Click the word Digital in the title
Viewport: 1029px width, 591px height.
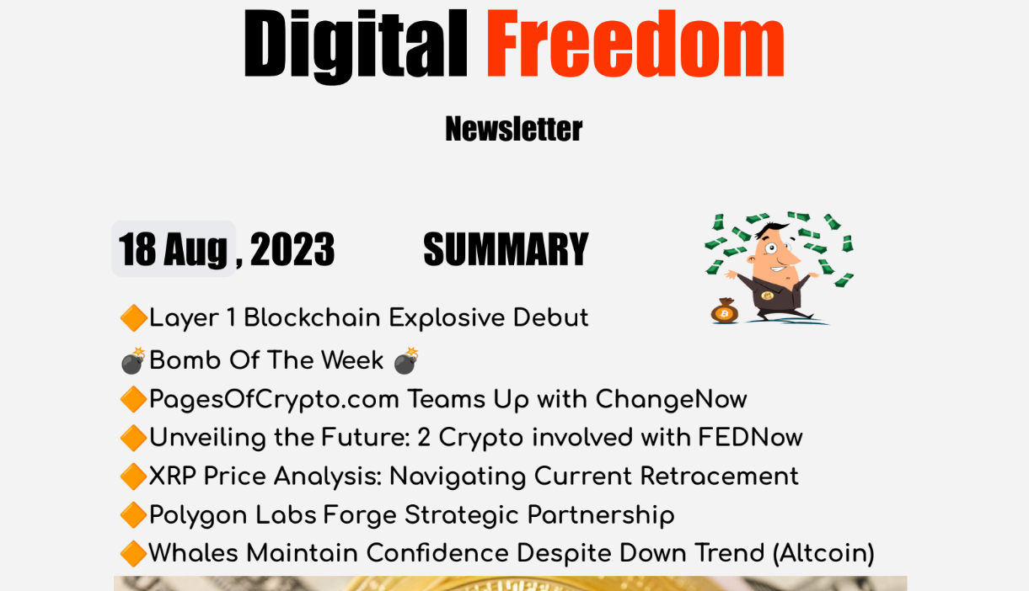click(356, 46)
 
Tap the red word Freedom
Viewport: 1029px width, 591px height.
click(635, 44)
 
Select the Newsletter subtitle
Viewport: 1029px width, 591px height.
click(513, 129)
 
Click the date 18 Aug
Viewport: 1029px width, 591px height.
click(173, 249)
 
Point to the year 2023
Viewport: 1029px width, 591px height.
click(292, 249)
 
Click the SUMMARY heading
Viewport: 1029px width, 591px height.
click(506, 249)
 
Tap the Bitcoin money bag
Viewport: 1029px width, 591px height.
click(725, 311)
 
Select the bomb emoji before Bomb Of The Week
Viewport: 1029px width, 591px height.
click(133, 360)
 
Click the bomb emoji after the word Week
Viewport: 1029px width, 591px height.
click(406, 360)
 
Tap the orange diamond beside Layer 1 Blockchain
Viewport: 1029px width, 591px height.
click(134, 318)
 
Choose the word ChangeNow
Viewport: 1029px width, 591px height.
click(671, 399)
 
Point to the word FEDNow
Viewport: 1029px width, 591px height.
click(751, 437)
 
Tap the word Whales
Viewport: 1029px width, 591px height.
click(193, 553)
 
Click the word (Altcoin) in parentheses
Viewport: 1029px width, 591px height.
click(823, 553)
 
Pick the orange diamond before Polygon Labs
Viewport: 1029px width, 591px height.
click(134, 515)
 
